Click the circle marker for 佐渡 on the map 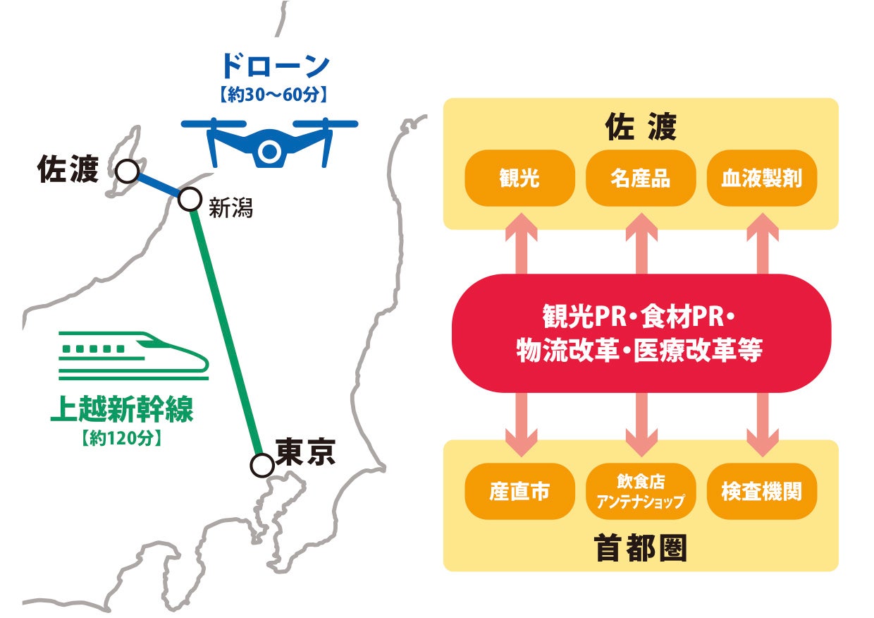(x=127, y=170)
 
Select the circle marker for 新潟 (x=189, y=200)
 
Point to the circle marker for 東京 (x=261, y=465)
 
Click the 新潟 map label (x=230, y=208)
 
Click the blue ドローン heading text (x=275, y=66)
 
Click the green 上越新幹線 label (x=121, y=411)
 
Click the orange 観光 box (x=519, y=178)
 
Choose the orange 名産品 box (x=641, y=178)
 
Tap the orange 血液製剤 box (x=761, y=178)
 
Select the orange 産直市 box (x=519, y=492)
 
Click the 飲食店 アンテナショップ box (x=641, y=492)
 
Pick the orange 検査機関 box (x=761, y=492)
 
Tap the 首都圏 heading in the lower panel (x=641, y=548)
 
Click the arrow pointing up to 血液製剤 (x=762, y=243)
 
